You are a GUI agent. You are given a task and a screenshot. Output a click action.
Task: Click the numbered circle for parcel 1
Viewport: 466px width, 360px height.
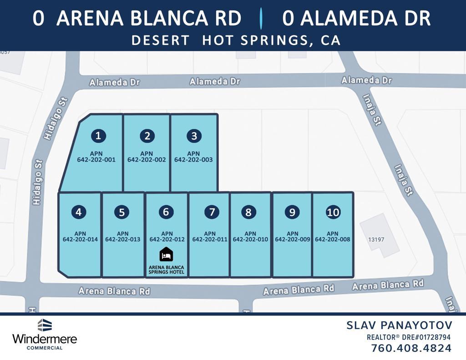[98, 136]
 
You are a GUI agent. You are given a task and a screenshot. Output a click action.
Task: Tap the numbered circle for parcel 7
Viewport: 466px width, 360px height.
[212, 212]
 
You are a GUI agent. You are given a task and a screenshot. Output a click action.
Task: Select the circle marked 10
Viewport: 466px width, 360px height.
[333, 212]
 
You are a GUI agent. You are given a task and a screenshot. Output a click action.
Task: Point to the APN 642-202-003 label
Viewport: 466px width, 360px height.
[193, 157]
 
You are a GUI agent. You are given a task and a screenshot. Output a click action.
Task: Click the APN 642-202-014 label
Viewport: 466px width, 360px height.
[80, 236]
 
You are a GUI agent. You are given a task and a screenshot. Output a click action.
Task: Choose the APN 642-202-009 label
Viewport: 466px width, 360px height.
[293, 236]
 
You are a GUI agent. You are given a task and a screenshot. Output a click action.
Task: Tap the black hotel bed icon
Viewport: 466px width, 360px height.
[167, 254]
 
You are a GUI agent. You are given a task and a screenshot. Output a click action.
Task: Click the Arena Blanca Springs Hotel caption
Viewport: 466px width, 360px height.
[167, 270]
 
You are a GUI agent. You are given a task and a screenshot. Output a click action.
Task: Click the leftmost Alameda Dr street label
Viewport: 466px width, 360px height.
[114, 83]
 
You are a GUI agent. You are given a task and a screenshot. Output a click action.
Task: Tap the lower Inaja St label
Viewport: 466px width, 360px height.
[403, 180]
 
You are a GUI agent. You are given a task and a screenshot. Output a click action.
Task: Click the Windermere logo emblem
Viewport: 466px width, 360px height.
[45, 325]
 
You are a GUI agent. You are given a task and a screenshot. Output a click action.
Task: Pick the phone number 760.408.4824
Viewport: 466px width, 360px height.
[411, 349]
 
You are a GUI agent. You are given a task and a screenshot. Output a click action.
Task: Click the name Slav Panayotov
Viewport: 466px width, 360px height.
[400, 325]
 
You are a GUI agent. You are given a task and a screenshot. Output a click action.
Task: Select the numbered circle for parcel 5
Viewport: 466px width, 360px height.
[122, 212]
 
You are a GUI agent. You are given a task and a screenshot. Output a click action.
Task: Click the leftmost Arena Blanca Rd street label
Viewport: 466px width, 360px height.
[114, 291]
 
